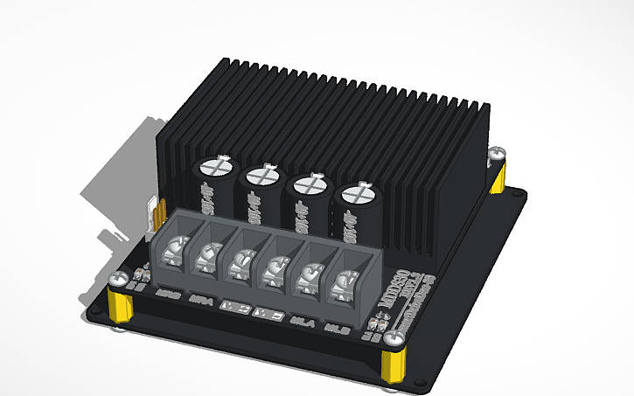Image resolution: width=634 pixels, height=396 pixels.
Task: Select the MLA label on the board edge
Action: click(x=303, y=321)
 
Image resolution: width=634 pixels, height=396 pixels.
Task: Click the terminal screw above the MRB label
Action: click(x=175, y=248)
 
